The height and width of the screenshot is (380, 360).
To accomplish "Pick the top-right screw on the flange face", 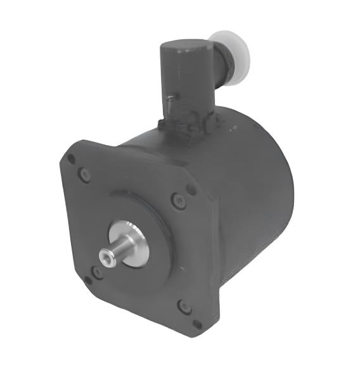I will pyautogui.click(x=177, y=201).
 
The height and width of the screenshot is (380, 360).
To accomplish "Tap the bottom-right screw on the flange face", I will pyautogui.click(x=184, y=307).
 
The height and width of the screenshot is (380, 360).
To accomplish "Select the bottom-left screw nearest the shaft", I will pyautogui.click(x=96, y=273).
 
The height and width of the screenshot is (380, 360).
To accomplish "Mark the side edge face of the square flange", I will pyautogui.click(x=213, y=253).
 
